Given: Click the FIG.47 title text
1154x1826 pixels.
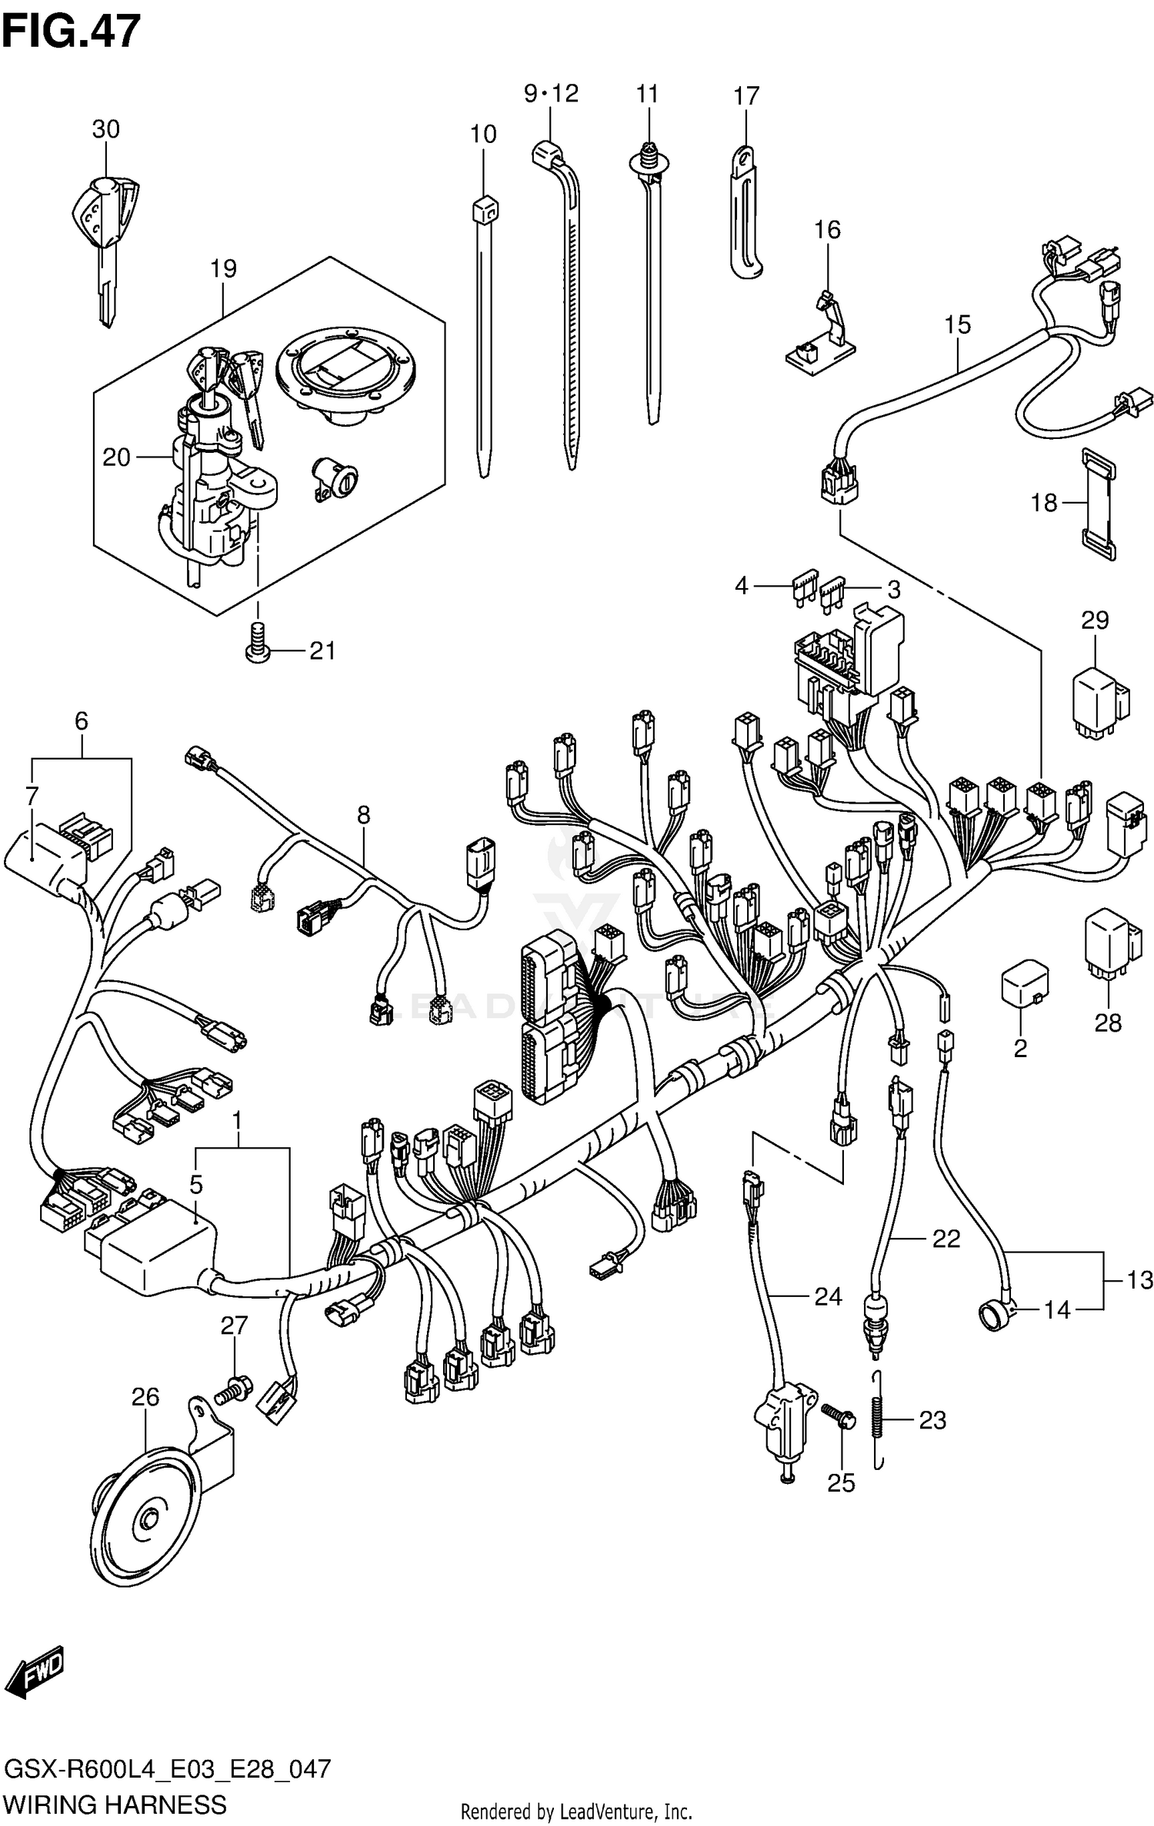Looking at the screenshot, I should [71, 32].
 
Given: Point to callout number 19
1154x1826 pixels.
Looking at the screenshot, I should [223, 268].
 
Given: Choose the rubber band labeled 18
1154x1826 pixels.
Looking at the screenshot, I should [1099, 502].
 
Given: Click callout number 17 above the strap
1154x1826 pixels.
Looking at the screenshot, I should [745, 96].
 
